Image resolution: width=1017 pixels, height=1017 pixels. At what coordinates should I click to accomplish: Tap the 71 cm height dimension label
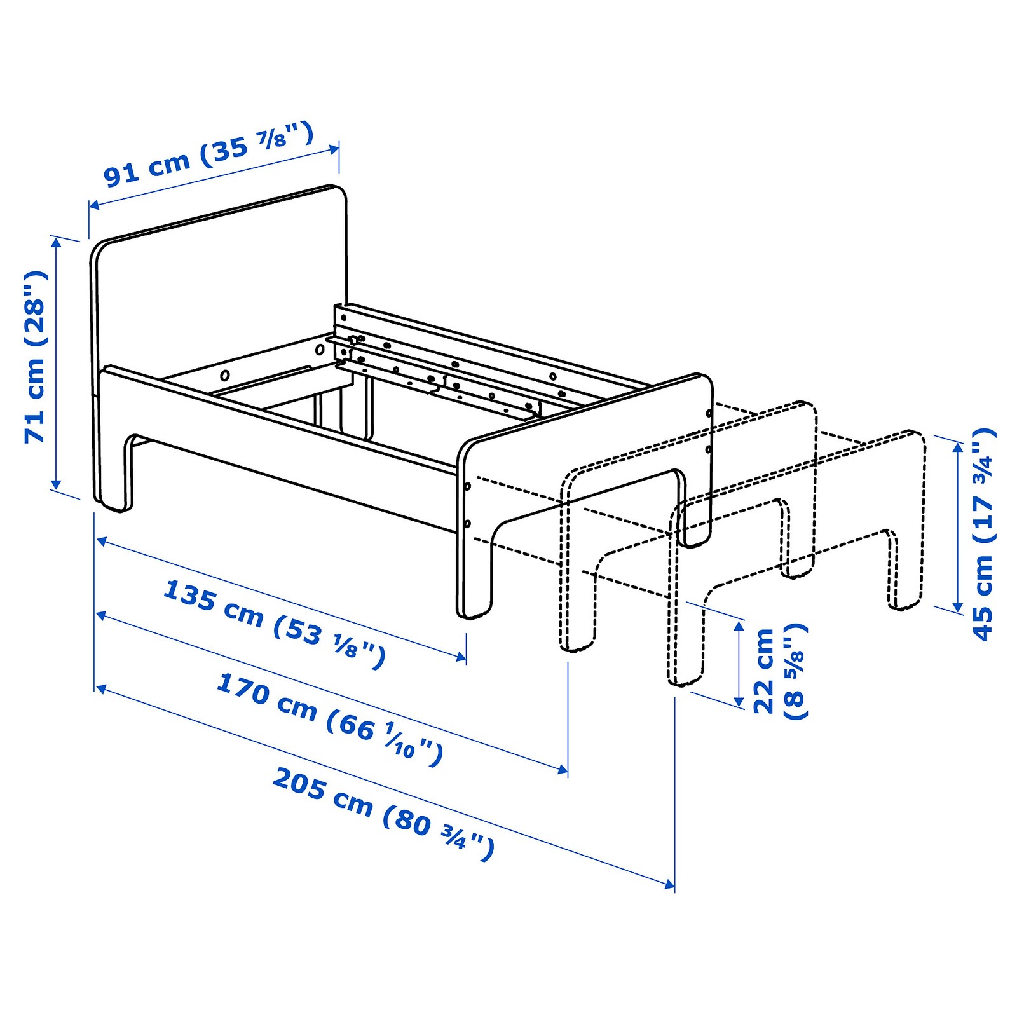pos(36,357)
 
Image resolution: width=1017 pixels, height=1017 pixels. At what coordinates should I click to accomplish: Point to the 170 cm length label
pos(329,719)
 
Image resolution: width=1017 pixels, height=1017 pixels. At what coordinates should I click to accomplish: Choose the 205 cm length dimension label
pos(383,815)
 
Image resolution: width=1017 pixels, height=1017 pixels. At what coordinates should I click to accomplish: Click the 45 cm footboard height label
pos(983,534)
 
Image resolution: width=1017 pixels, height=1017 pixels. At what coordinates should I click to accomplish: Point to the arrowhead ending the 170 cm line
pos(563,770)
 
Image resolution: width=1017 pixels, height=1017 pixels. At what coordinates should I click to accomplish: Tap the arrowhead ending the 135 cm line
pos(462,657)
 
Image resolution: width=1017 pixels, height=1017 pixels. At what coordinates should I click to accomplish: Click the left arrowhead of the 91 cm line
pos(93,205)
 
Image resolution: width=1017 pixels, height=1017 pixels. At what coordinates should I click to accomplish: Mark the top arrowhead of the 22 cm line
pos(739,626)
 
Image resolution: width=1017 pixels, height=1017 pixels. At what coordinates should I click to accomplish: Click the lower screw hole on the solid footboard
pos(468,524)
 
